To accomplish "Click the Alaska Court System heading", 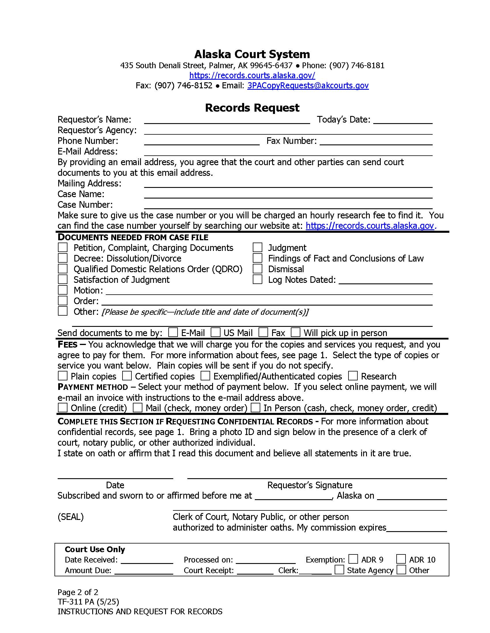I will coord(252,54).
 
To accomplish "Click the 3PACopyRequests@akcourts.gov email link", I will coord(308,85).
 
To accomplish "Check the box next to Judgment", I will coord(257,247).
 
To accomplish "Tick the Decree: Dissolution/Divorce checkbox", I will coord(63,258).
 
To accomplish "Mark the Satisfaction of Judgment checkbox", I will coord(63,279).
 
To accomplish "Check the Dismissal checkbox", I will coord(257,269).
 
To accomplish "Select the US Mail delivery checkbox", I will coord(215,332).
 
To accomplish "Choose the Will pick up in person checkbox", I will coord(295,332).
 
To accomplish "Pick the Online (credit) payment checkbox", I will coord(63,407).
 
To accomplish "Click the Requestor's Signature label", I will coord(310,485).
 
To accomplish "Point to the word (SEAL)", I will coord(71,517).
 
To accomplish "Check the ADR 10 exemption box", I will coord(401,559).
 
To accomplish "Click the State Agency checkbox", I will coord(339,569).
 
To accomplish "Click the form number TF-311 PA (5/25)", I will coord(88,602).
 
